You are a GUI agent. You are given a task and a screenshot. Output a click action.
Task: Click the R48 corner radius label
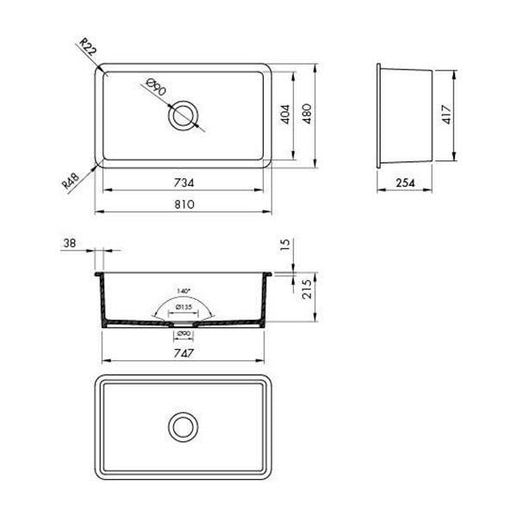[x=72, y=180]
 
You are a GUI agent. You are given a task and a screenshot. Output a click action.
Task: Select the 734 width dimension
[x=183, y=182]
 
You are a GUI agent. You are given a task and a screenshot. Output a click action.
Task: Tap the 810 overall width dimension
[x=183, y=204]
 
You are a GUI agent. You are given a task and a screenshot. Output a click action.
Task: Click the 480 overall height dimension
[x=308, y=115]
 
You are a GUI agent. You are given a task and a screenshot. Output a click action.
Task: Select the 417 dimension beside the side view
[x=446, y=115]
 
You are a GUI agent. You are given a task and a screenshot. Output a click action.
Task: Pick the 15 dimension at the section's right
[x=286, y=246]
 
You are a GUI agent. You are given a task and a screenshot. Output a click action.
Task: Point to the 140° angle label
[x=183, y=292]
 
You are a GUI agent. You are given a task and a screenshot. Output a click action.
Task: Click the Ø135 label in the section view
[x=183, y=307]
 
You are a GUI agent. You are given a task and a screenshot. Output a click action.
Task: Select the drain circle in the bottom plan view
[x=183, y=426]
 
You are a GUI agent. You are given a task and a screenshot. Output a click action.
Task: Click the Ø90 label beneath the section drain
[x=183, y=334]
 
